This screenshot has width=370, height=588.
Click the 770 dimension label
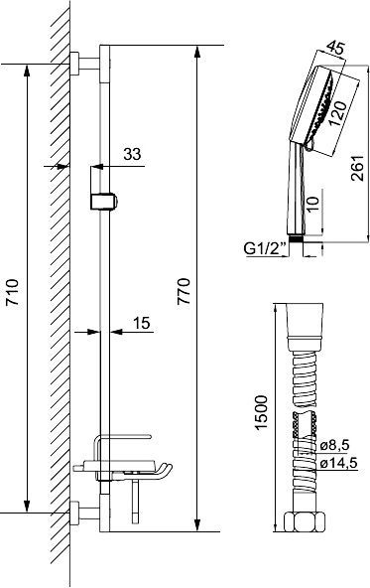(209, 289)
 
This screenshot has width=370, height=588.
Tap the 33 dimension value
(132, 154)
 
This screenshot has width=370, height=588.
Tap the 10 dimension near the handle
(313, 205)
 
